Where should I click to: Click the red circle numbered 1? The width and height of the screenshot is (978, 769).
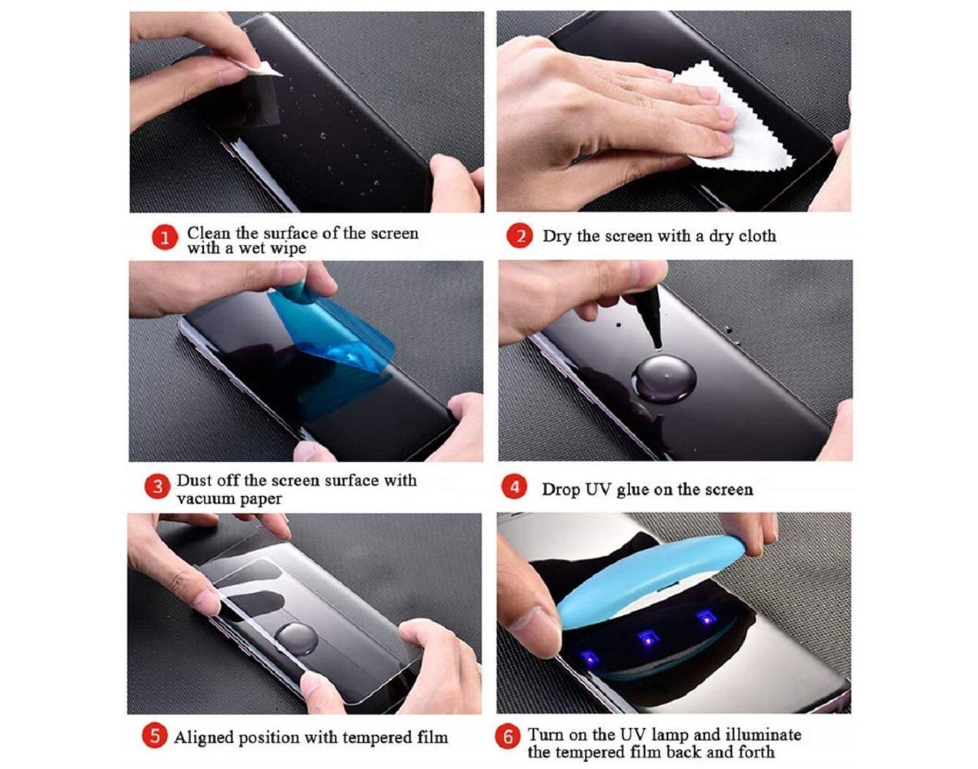click(x=165, y=238)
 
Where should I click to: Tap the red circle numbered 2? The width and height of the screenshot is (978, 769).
click(x=519, y=236)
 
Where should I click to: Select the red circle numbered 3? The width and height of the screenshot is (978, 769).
click(x=157, y=487)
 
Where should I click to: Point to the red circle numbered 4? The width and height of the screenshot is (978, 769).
click(x=515, y=487)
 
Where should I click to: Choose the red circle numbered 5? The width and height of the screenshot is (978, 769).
click(x=155, y=735)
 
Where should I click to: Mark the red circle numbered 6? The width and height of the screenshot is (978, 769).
click(x=508, y=736)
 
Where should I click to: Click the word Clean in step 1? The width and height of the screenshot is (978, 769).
click(x=209, y=233)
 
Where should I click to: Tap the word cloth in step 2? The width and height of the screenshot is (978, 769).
click(x=757, y=236)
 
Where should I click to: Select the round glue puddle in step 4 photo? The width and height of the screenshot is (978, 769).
click(x=663, y=378)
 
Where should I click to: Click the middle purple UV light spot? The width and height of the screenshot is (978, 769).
click(x=648, y=638)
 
